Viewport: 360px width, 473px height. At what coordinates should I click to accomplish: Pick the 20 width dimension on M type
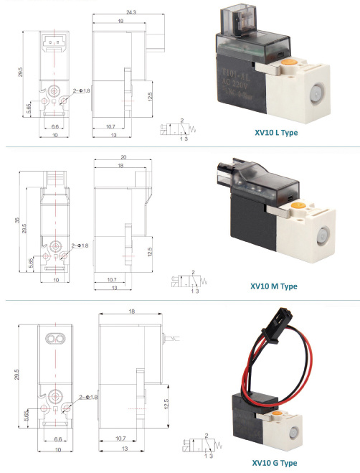(123, 157)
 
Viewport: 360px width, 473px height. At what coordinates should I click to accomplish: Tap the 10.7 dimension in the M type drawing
(110, 279)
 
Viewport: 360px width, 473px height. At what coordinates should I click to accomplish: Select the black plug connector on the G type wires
(275, 335)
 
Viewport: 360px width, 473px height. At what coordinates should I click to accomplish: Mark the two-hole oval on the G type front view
(55, 337)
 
